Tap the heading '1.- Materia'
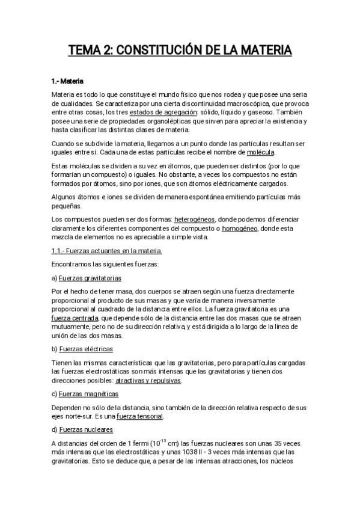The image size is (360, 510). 67,80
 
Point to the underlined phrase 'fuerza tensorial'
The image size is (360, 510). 139,416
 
